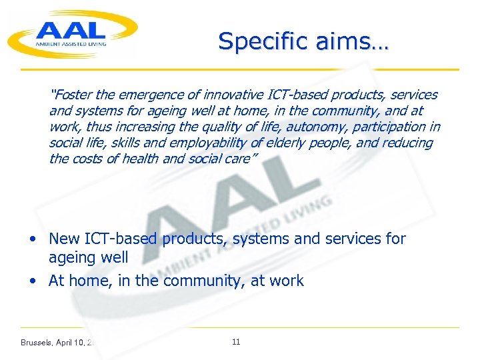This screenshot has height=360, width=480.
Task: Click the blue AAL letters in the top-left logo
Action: pos(70,29)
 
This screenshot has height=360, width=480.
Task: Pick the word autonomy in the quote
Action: pos(310,127)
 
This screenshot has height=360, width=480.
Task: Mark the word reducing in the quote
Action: pos(407,143)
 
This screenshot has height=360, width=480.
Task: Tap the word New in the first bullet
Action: pos(65,239)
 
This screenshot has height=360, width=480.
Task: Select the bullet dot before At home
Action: pos(33,281)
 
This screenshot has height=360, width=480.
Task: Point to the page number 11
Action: pos(236,342)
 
